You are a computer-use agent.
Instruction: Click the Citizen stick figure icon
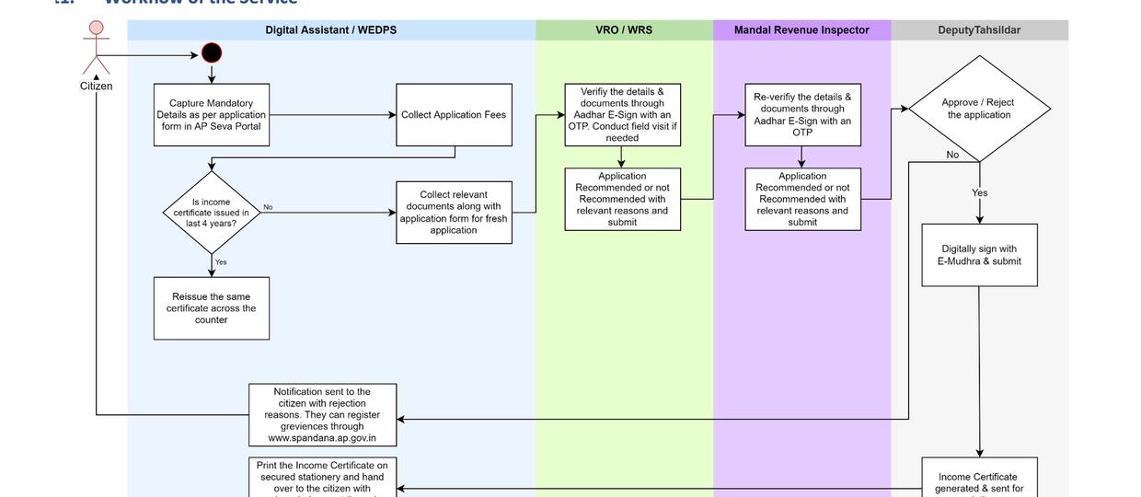tap(96, 48)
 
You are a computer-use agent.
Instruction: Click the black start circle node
tap(212, 53)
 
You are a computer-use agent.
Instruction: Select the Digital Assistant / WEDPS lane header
tap(331, 30)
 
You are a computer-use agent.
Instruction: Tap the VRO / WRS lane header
tap(624, 30)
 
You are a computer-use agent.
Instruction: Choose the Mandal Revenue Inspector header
tap(801, 30)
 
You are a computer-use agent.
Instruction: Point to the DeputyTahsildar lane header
tap(979, 30)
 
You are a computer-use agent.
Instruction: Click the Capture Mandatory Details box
tap(212, 115)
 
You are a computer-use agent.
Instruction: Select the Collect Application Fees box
tap(454, 115)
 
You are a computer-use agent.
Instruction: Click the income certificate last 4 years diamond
tap(212, 213)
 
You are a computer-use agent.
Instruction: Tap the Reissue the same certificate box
tap(212, 308)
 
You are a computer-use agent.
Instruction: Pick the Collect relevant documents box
tap(454, 213)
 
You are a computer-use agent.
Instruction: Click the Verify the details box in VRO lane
tap(623, 115)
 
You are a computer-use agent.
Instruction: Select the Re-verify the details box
tap(802, 115)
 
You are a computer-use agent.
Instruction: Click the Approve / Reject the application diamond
tap(979, 109)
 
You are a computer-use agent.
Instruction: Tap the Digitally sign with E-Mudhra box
tap(979, 255)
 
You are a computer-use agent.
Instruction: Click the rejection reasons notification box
tap(322, 415)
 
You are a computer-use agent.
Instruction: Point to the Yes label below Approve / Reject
tap(979, 193)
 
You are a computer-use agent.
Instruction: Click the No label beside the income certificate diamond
tap(268, 207)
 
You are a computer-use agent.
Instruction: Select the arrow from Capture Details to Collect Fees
tap(332, 115)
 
